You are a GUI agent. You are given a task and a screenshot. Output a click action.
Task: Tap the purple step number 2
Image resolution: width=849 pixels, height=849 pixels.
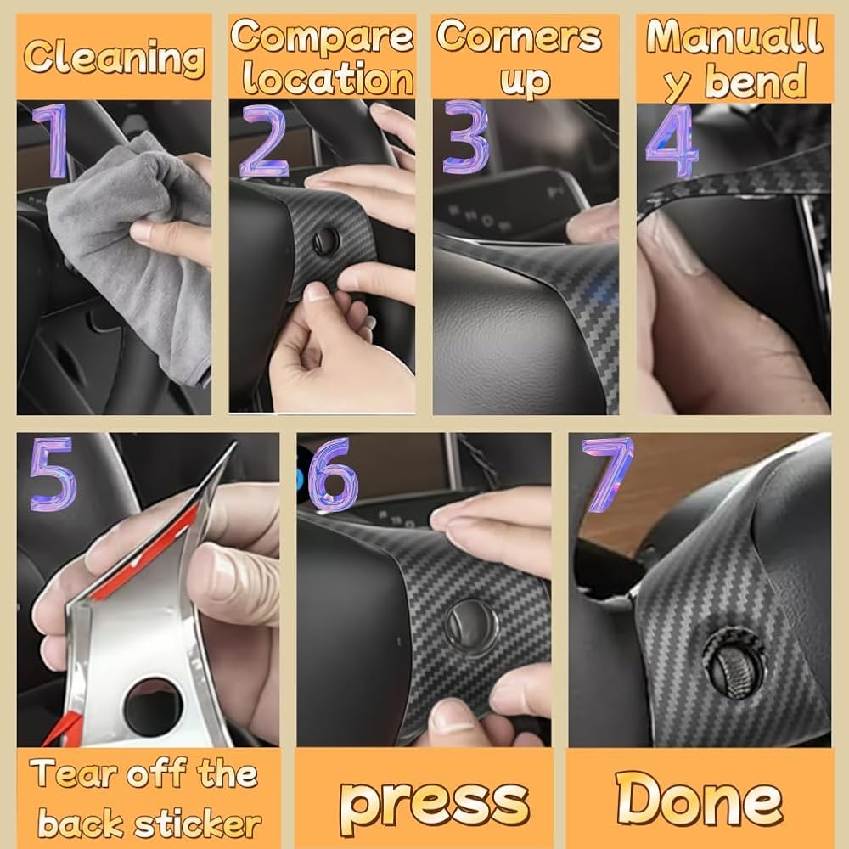point(264,142)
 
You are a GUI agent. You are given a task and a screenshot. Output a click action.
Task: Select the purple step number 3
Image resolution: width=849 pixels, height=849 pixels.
point(465,138)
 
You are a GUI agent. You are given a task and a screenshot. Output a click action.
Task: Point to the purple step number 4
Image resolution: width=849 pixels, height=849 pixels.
point(672,142)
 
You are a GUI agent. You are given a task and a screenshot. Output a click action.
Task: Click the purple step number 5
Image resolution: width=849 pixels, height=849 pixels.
point(52,475)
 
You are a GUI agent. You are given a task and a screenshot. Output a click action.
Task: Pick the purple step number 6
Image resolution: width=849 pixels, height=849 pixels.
point(333,475)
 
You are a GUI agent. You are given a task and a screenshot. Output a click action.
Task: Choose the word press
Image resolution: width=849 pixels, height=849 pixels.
point(434,802)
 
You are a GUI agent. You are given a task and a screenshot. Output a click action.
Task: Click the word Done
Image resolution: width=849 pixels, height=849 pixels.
point(700,798)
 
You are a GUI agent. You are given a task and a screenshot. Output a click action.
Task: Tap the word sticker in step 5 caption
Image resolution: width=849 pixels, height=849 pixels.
point(198,824)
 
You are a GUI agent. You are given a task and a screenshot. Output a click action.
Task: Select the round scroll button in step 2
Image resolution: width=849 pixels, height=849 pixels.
point(326,241)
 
